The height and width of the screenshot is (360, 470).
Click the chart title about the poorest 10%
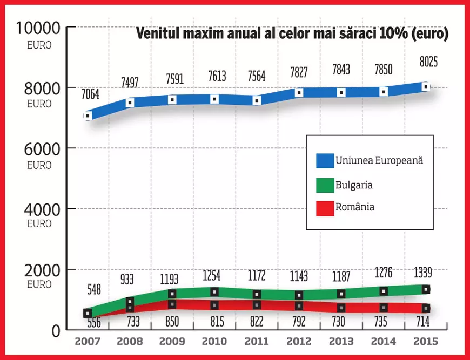292,34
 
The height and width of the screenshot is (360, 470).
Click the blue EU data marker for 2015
426,86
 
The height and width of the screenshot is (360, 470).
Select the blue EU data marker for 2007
87,116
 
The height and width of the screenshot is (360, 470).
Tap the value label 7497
130,82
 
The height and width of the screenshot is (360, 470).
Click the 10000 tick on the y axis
40,28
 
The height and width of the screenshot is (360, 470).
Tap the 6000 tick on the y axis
40,148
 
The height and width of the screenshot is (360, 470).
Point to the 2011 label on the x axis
257,341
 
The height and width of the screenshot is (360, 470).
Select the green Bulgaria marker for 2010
214,291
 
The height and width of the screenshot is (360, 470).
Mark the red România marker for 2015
426,308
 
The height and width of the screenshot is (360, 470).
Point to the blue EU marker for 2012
299,92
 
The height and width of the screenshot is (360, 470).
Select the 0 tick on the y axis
55,330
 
